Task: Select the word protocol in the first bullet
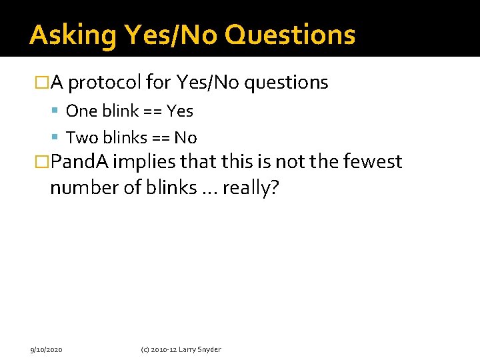point(105,83)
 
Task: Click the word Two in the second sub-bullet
point(81,138)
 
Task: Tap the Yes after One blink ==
point(180,111)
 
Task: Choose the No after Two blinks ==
point(185,138)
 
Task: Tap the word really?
point(250,188)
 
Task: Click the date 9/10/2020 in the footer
point(46,349)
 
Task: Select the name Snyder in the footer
point(209,349)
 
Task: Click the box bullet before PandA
point(42,162)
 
